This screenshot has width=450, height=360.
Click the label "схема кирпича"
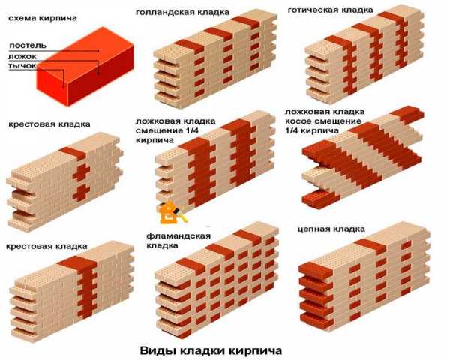43,18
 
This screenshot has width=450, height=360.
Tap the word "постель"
28,45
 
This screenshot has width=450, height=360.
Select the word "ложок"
22,56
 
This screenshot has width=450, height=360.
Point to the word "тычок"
22,66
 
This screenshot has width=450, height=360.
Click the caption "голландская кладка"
182,12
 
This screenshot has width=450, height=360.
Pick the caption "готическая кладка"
330,10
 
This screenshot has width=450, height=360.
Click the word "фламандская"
178,236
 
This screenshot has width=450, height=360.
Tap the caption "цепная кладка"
331,229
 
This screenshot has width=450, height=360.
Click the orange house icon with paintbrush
172,213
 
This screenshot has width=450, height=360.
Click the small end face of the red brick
52,87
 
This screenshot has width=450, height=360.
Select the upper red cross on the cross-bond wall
81,172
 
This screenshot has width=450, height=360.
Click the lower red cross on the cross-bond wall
81,193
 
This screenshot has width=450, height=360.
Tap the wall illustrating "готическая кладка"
364,54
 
